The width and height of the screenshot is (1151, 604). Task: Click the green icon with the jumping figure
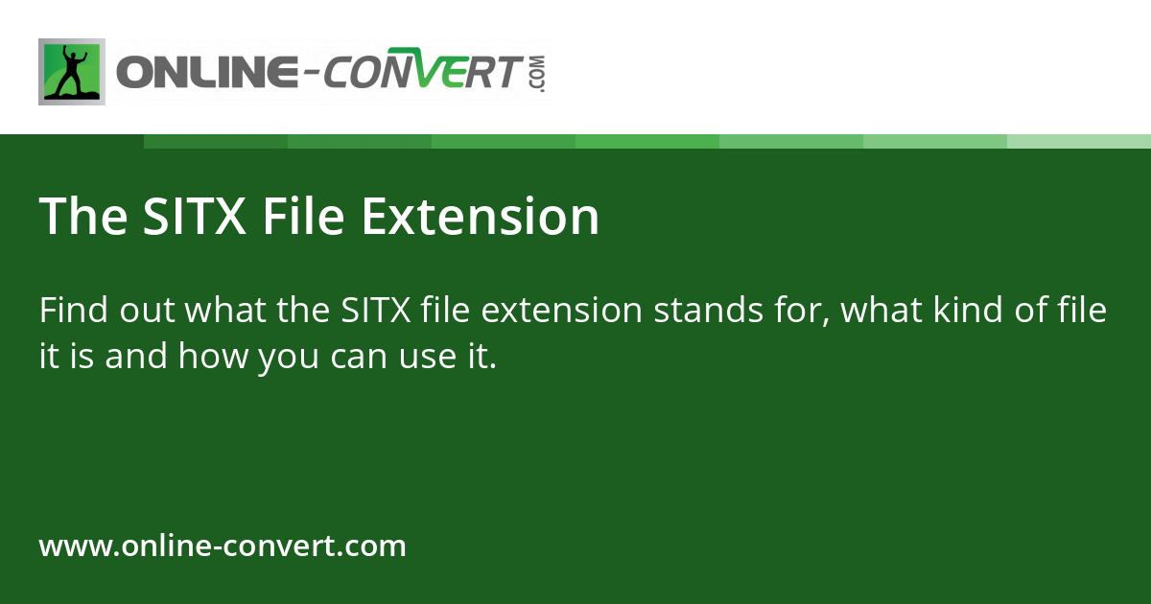(72, 72)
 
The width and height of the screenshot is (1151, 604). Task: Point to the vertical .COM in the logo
(535, 73)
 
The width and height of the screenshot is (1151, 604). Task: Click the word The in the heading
(82, 217)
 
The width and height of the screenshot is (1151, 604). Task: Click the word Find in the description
(73, 311)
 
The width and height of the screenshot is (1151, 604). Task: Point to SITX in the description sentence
(376, 311)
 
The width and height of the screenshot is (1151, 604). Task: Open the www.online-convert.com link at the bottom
(223, 546)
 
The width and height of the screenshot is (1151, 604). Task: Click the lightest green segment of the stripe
(1079, 141)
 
